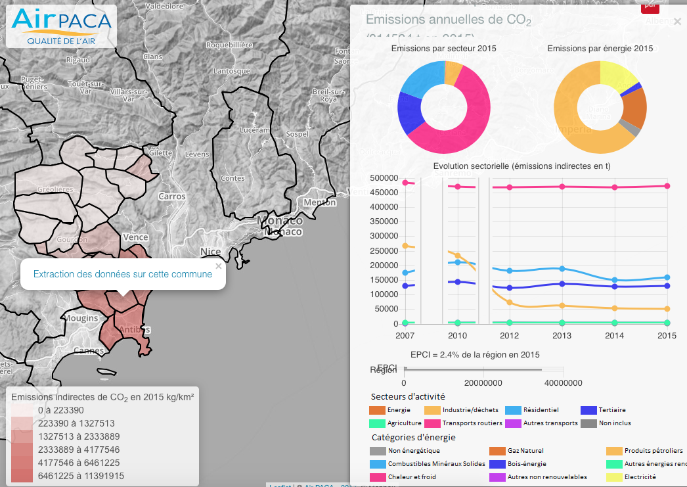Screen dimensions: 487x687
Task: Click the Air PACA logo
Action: click(61, 26)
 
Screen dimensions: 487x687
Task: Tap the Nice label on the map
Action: click(211, 252)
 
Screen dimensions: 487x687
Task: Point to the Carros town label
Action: click(172, 196)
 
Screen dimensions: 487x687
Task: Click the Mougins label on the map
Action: click(81, 318)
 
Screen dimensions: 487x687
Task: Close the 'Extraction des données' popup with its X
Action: click(219, 266)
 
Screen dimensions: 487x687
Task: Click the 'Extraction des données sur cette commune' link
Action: click(123, 274)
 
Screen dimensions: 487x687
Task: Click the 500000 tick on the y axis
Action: click(384, 178)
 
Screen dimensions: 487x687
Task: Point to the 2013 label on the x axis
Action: click(562, 335)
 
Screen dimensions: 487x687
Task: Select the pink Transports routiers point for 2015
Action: click(667, 186)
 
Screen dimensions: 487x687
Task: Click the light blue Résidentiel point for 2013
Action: click(562, 269)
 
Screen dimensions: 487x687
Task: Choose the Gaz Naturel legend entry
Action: click(525, 451)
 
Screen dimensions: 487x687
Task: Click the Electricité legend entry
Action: click(640, 477)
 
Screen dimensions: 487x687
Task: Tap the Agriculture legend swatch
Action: click(377, 423)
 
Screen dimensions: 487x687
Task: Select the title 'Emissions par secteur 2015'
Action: click(443, 49)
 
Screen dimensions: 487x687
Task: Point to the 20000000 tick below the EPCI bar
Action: click(483, 383)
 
